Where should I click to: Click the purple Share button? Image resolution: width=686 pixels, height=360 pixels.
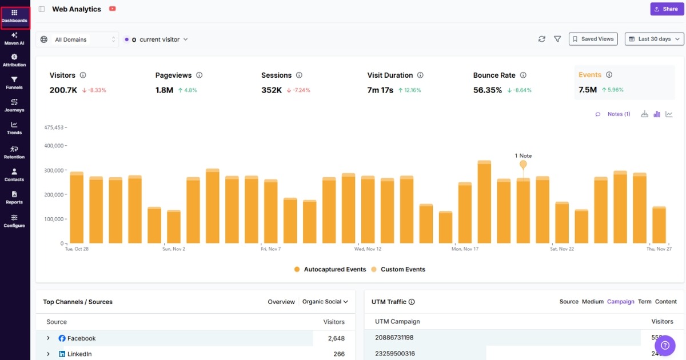click(666, 9)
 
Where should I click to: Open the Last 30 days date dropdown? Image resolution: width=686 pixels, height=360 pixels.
click(654, 39)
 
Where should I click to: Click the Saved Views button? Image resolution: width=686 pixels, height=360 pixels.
click(593, 39)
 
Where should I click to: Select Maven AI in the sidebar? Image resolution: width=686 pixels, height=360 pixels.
click(14, 38)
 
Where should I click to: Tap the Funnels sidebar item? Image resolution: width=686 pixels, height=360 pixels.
click(14, 83)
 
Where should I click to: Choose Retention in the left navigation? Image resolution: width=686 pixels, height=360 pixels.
click(14, 152)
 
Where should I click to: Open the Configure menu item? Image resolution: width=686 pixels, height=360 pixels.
click(14, 221)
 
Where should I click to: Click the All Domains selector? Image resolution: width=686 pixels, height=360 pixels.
click(77, 39)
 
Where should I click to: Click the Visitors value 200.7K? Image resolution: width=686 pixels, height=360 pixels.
click(63, 90)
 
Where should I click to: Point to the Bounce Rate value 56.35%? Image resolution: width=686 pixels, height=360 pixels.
click(488, 90)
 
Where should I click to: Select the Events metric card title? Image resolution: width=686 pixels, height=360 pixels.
click(589, 75)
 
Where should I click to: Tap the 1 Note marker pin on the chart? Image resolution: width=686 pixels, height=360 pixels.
click(523, 165)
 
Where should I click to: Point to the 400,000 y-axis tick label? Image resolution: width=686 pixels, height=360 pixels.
click(54, 146)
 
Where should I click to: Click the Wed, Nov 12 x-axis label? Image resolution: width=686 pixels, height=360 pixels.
click(368, 249)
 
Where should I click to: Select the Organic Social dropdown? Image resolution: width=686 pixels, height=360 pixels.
click(325, 302)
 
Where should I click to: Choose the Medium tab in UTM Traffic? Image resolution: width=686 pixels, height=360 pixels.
click(592, 302)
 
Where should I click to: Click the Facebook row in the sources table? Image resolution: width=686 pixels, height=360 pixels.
click(81, 338)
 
